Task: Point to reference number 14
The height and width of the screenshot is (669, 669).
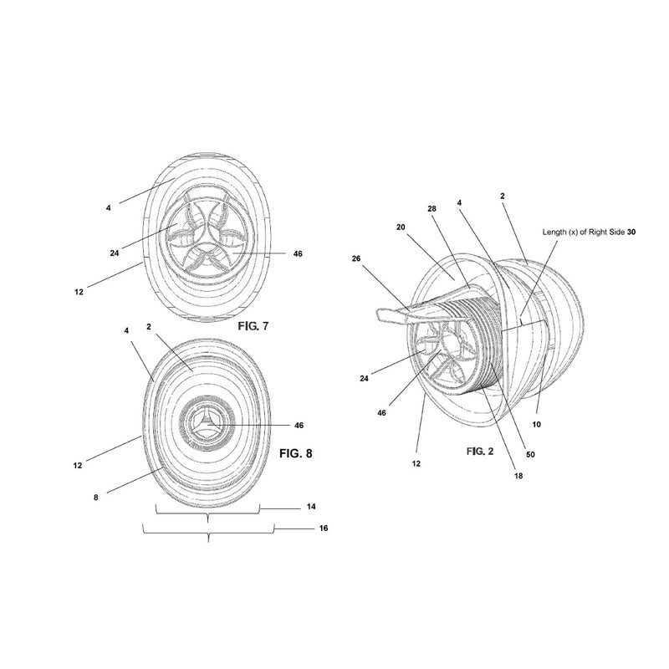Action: pos(312,507)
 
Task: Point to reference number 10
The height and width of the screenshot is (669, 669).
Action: pos(536,425)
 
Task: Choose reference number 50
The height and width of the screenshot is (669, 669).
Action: pos(529,455)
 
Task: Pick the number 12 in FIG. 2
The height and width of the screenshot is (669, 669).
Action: pos(416,462)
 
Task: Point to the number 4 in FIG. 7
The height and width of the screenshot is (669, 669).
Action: pos(109,207)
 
